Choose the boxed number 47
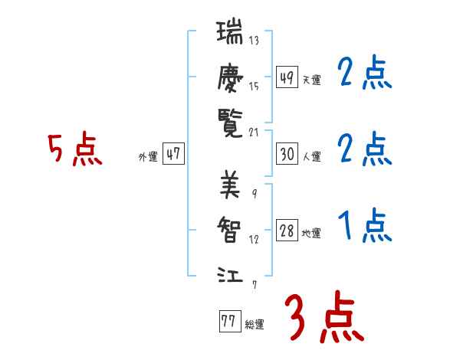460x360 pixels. click(174, 154)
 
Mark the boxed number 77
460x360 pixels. click(228, 322)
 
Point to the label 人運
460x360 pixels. click(311, 156)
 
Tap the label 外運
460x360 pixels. click(148, 156)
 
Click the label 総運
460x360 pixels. click(254, 324)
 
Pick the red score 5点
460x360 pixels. click(75, 150)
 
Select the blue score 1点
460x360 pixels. click(365, 226)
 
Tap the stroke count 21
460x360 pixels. click(254, 132)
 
